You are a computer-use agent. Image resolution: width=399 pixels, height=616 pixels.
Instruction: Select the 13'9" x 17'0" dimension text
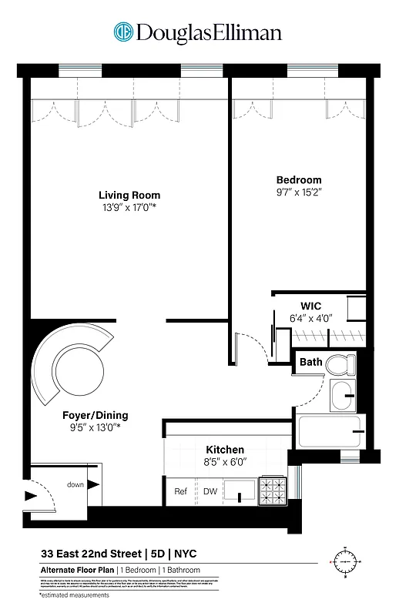128,207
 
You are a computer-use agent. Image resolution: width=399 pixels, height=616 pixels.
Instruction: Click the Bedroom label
299,180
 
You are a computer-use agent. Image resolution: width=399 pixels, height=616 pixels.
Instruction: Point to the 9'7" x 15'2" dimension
299,192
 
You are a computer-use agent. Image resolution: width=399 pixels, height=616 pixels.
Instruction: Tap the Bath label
311,362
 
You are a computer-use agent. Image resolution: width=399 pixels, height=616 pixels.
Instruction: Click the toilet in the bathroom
340,363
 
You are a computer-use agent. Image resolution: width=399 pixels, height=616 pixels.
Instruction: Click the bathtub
330,433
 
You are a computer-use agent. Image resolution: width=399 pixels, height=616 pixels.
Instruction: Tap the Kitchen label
224,450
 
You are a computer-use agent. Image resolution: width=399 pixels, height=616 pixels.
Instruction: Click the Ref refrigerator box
181,491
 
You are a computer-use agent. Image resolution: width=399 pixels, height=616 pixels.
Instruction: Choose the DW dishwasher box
210,491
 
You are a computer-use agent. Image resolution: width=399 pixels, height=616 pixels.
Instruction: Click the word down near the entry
75,484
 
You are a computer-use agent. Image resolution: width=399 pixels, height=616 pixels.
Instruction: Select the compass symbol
344,562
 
